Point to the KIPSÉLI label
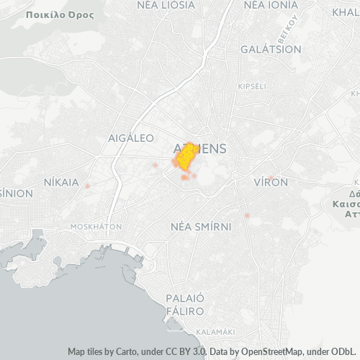click(x=252, y=86)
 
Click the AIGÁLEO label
click(x=130, y=138)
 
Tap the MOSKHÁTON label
click(x=96, y=226)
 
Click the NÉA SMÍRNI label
click(x=201, y=227)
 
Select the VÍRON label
click(x=271, y=183)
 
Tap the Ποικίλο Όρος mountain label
click(x=50, y=14)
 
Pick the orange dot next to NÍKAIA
click(x=87, y=186)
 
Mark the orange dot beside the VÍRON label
click(x=271, y=177)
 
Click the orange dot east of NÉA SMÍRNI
click(x=247, y=215)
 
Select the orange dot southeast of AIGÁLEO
click(x=155, y=165)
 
